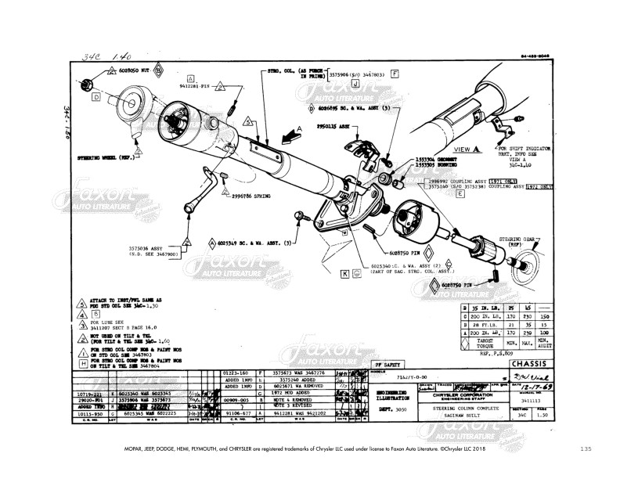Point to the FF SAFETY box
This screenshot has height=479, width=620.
pos(389,364)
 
